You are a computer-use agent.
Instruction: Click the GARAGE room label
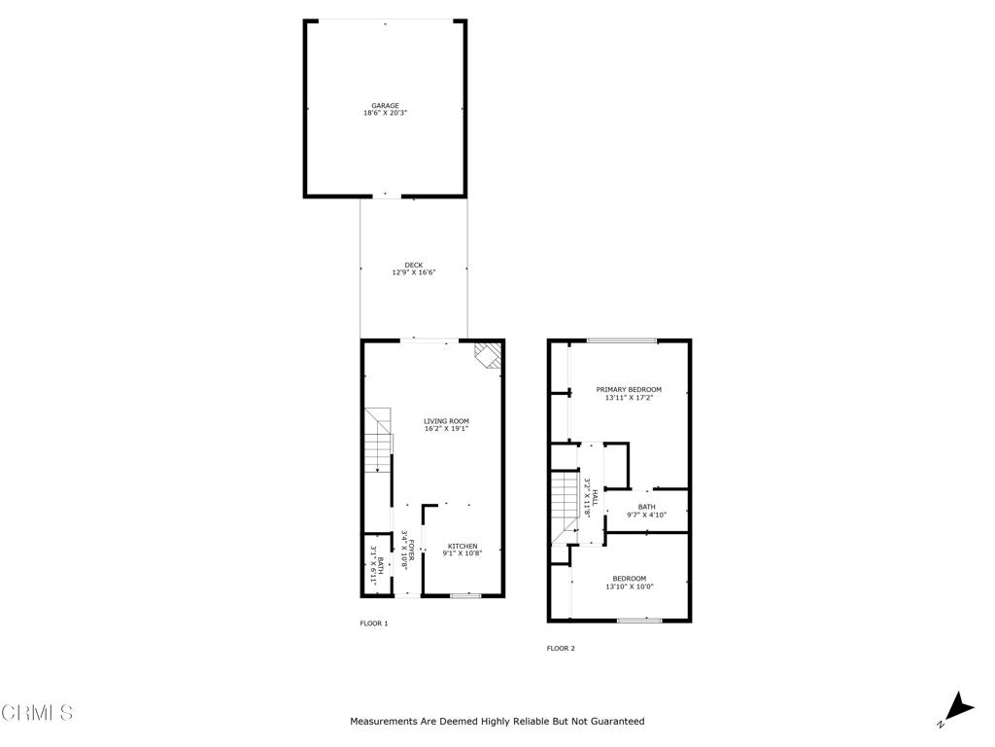pos(385,106)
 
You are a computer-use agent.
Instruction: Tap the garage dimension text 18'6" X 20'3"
pos(385,114)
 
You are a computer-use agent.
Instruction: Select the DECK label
pos(414,265)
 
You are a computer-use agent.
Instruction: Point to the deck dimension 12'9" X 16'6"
pos(414,272)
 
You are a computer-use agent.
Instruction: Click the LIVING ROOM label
pos(446,421)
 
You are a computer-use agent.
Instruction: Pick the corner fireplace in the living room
pos(488,355)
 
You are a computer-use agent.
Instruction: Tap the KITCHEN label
pos(462,546)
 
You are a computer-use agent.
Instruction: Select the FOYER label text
pos(412,551)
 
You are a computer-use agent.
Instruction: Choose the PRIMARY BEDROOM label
pos(629,389)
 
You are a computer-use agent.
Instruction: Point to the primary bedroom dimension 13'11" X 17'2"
pos(629,397)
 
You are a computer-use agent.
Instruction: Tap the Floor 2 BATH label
pos(646,507)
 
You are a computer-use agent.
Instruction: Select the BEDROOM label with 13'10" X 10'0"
pos(629,579)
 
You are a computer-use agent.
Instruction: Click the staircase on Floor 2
pos(565,506)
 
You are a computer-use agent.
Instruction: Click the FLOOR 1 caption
pos(374,623)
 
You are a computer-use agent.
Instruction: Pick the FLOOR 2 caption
pos(561,648)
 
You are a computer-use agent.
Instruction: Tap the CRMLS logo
pos(37,713)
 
